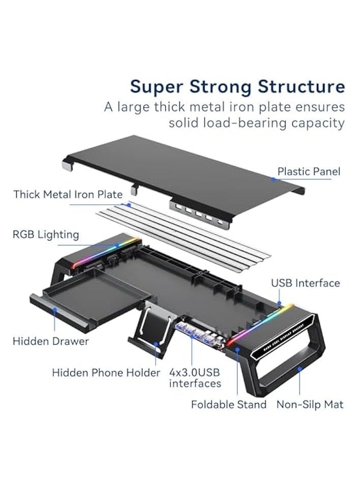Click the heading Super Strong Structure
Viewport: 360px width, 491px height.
click(x=237, y=86)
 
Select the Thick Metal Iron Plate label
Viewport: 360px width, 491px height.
click(x=68, y=194)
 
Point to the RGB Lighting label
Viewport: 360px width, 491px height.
click(x=46, y=234)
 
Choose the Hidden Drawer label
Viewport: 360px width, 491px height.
click(x=50, y=341)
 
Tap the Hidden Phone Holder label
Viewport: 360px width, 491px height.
click(x=106, y=373)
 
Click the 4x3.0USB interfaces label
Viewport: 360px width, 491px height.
click(x=195, y=378)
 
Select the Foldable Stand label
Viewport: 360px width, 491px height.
click(x=229, y=405)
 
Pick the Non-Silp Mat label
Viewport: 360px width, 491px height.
click(x=310, y=405)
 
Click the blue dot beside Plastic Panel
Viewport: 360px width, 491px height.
click(x=273, y=179)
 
